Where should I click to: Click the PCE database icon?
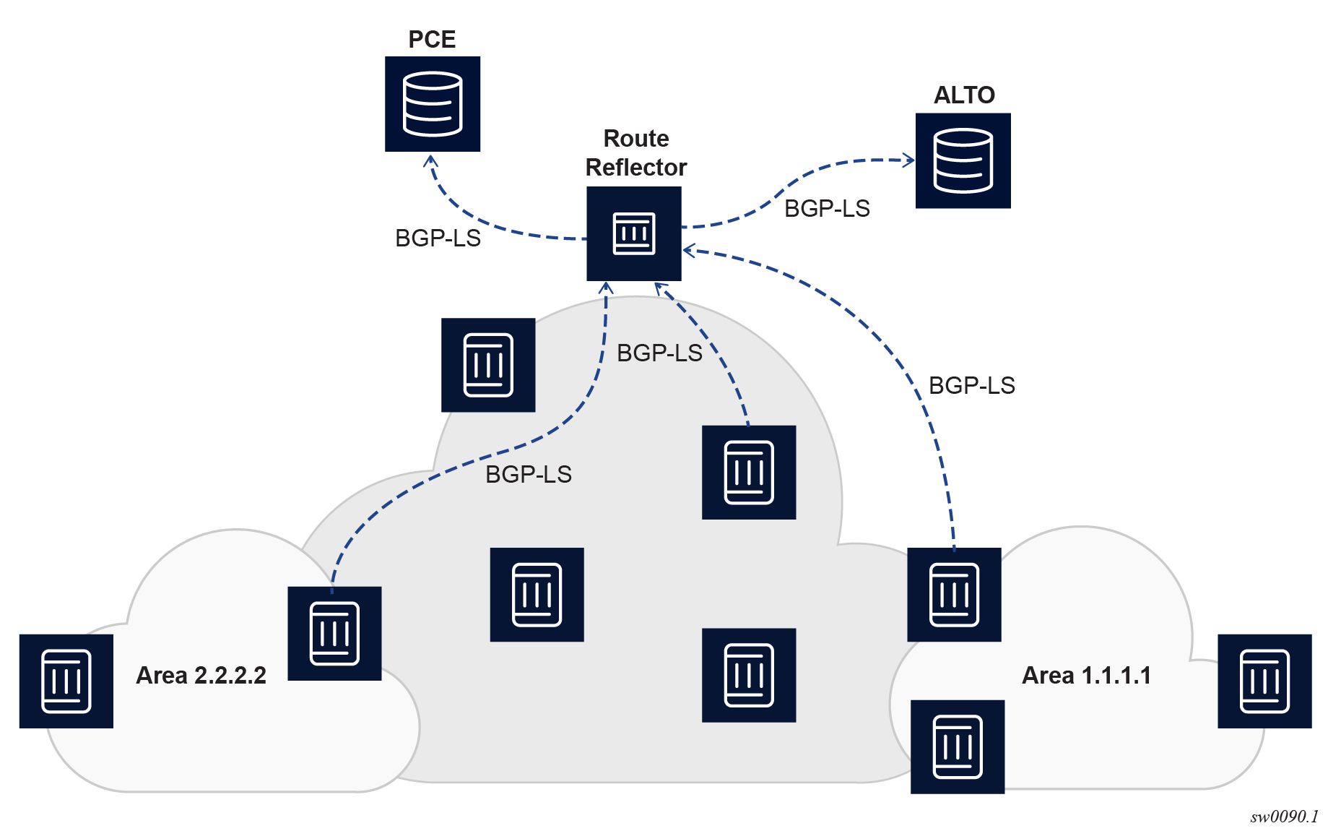[433, 104]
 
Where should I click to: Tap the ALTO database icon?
[963, 160]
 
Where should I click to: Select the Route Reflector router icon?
[633, 233]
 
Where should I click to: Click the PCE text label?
[432, 39]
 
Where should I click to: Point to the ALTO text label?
[964, 95]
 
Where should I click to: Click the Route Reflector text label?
[635, 152]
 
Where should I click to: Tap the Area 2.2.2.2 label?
[201, 675]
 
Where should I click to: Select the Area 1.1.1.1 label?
[1086, 675]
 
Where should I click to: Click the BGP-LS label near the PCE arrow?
[438, 238]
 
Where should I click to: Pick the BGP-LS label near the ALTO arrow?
[827, 208]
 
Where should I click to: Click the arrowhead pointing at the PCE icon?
[430, 160]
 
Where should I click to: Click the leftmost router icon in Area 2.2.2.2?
[66, 681]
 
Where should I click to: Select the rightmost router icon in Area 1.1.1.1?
[1264, 681]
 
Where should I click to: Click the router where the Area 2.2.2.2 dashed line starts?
[334, 633]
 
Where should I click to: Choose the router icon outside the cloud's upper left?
[488, 365]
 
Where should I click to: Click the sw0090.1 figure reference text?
[1284, 817]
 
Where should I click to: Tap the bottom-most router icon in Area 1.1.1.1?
[958, 746]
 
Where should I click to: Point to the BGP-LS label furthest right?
[971, 385]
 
